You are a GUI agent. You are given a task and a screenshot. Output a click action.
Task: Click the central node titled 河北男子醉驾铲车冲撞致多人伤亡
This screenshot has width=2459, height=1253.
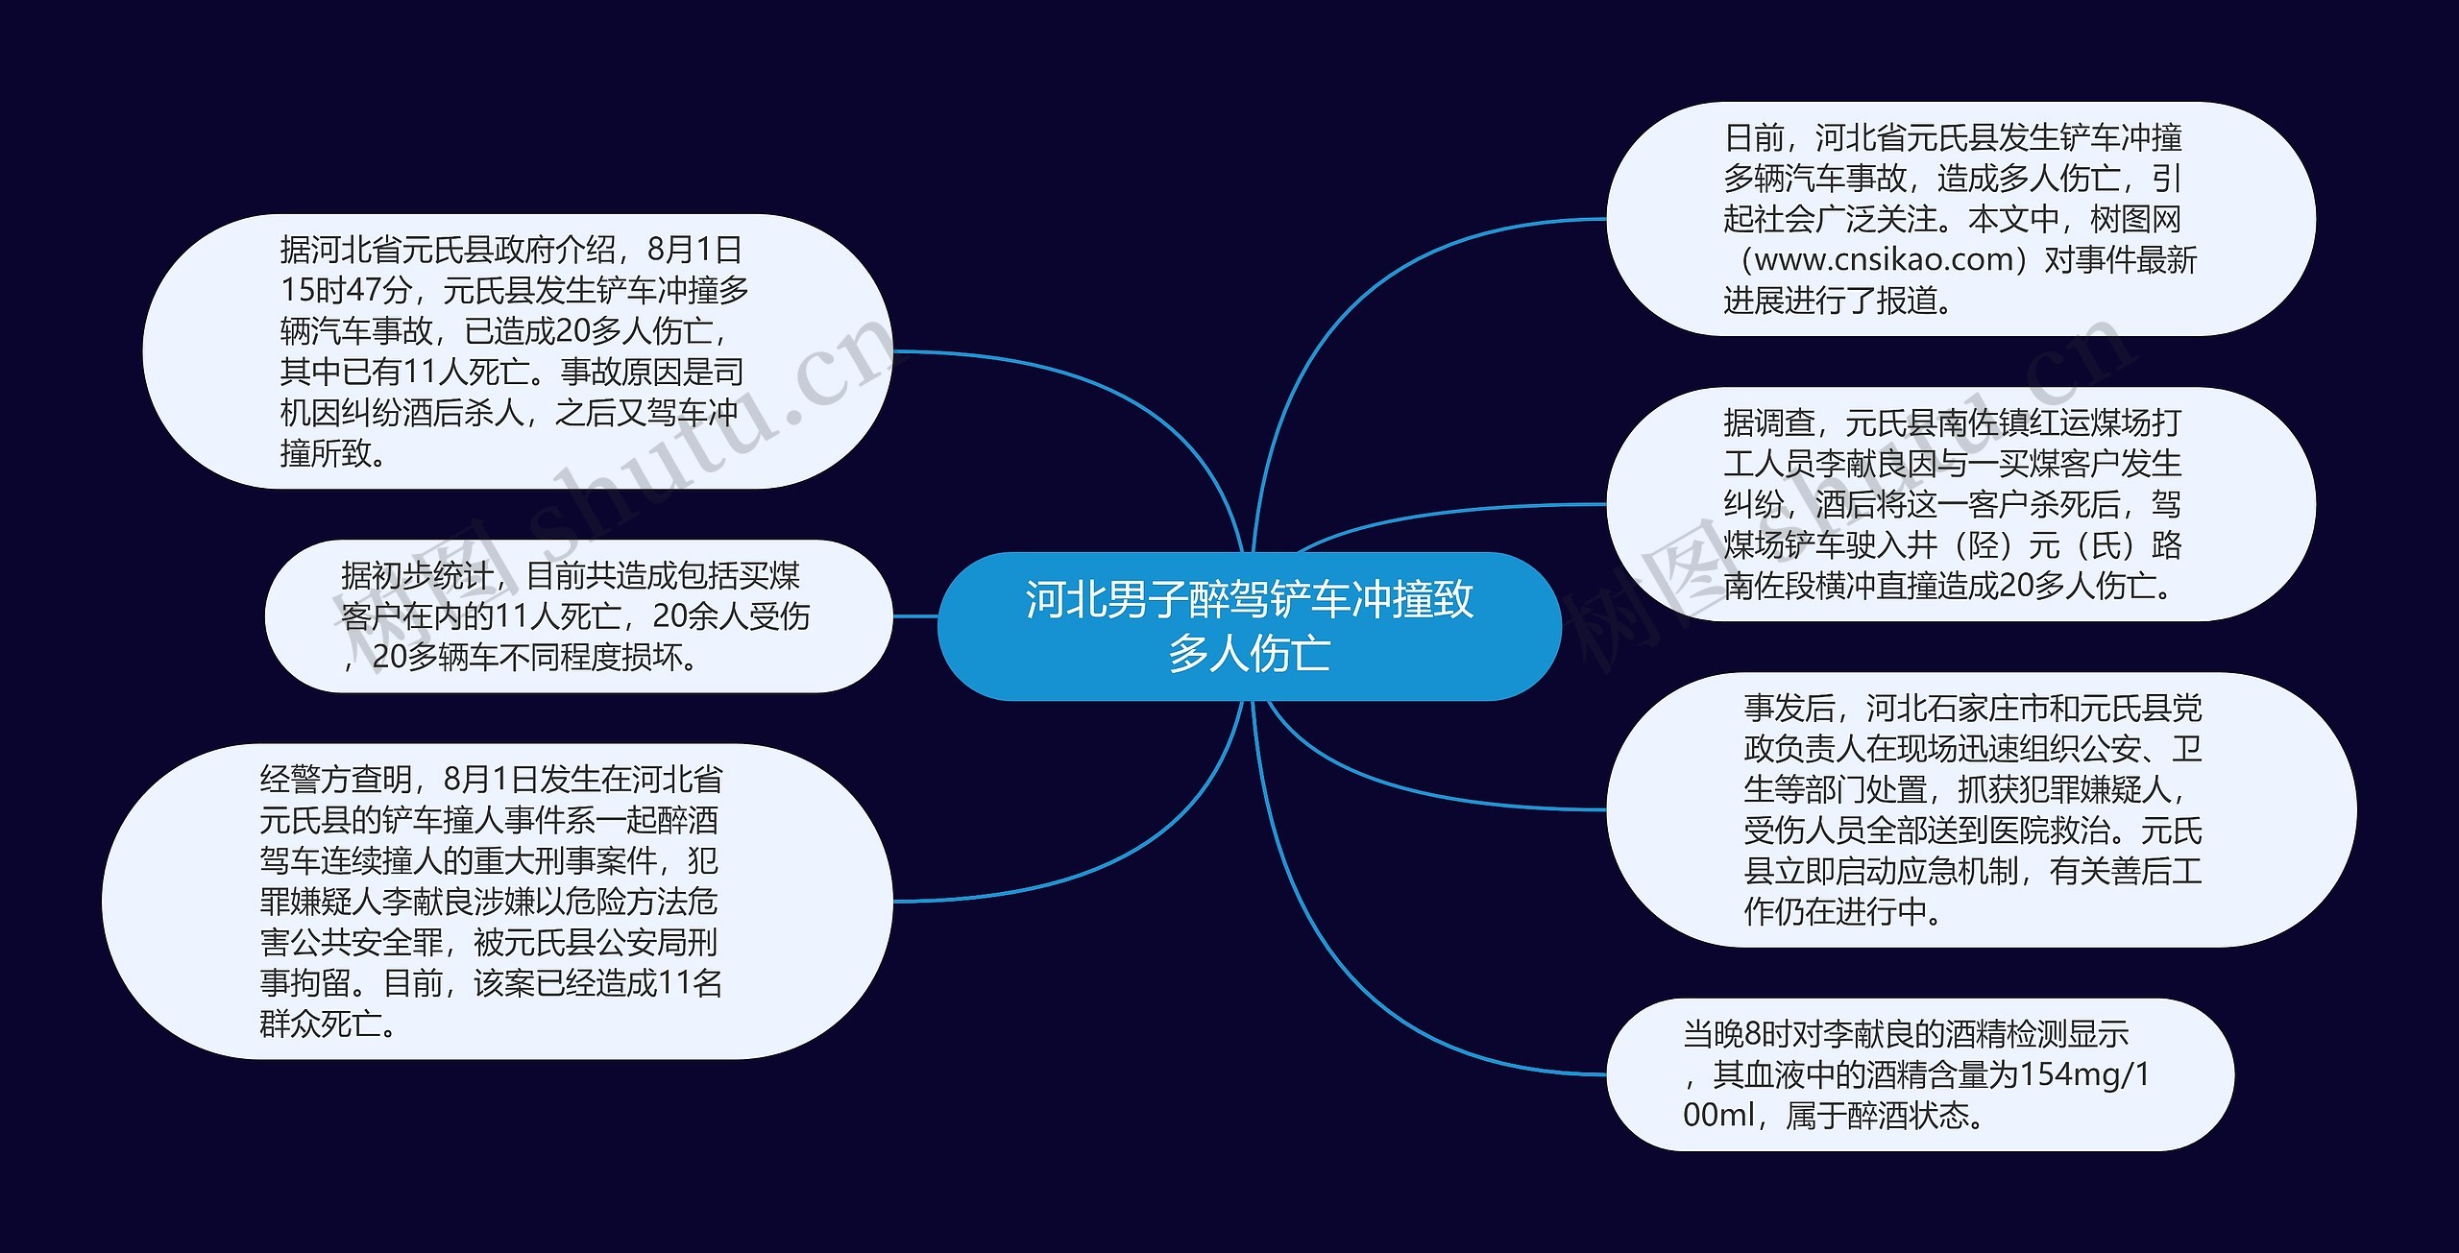tap(1249, 625)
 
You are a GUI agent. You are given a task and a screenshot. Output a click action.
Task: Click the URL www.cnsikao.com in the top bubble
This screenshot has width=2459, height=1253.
tap(1884, 259)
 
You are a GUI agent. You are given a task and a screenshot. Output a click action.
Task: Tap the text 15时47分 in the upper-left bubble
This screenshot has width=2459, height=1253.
tap(347, 290)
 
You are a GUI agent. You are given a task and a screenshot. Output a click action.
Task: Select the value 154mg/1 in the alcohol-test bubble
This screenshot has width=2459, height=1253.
tap(2084, 1074)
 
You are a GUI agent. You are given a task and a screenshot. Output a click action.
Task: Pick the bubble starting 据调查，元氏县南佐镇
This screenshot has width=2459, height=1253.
tap(1960, 504)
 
